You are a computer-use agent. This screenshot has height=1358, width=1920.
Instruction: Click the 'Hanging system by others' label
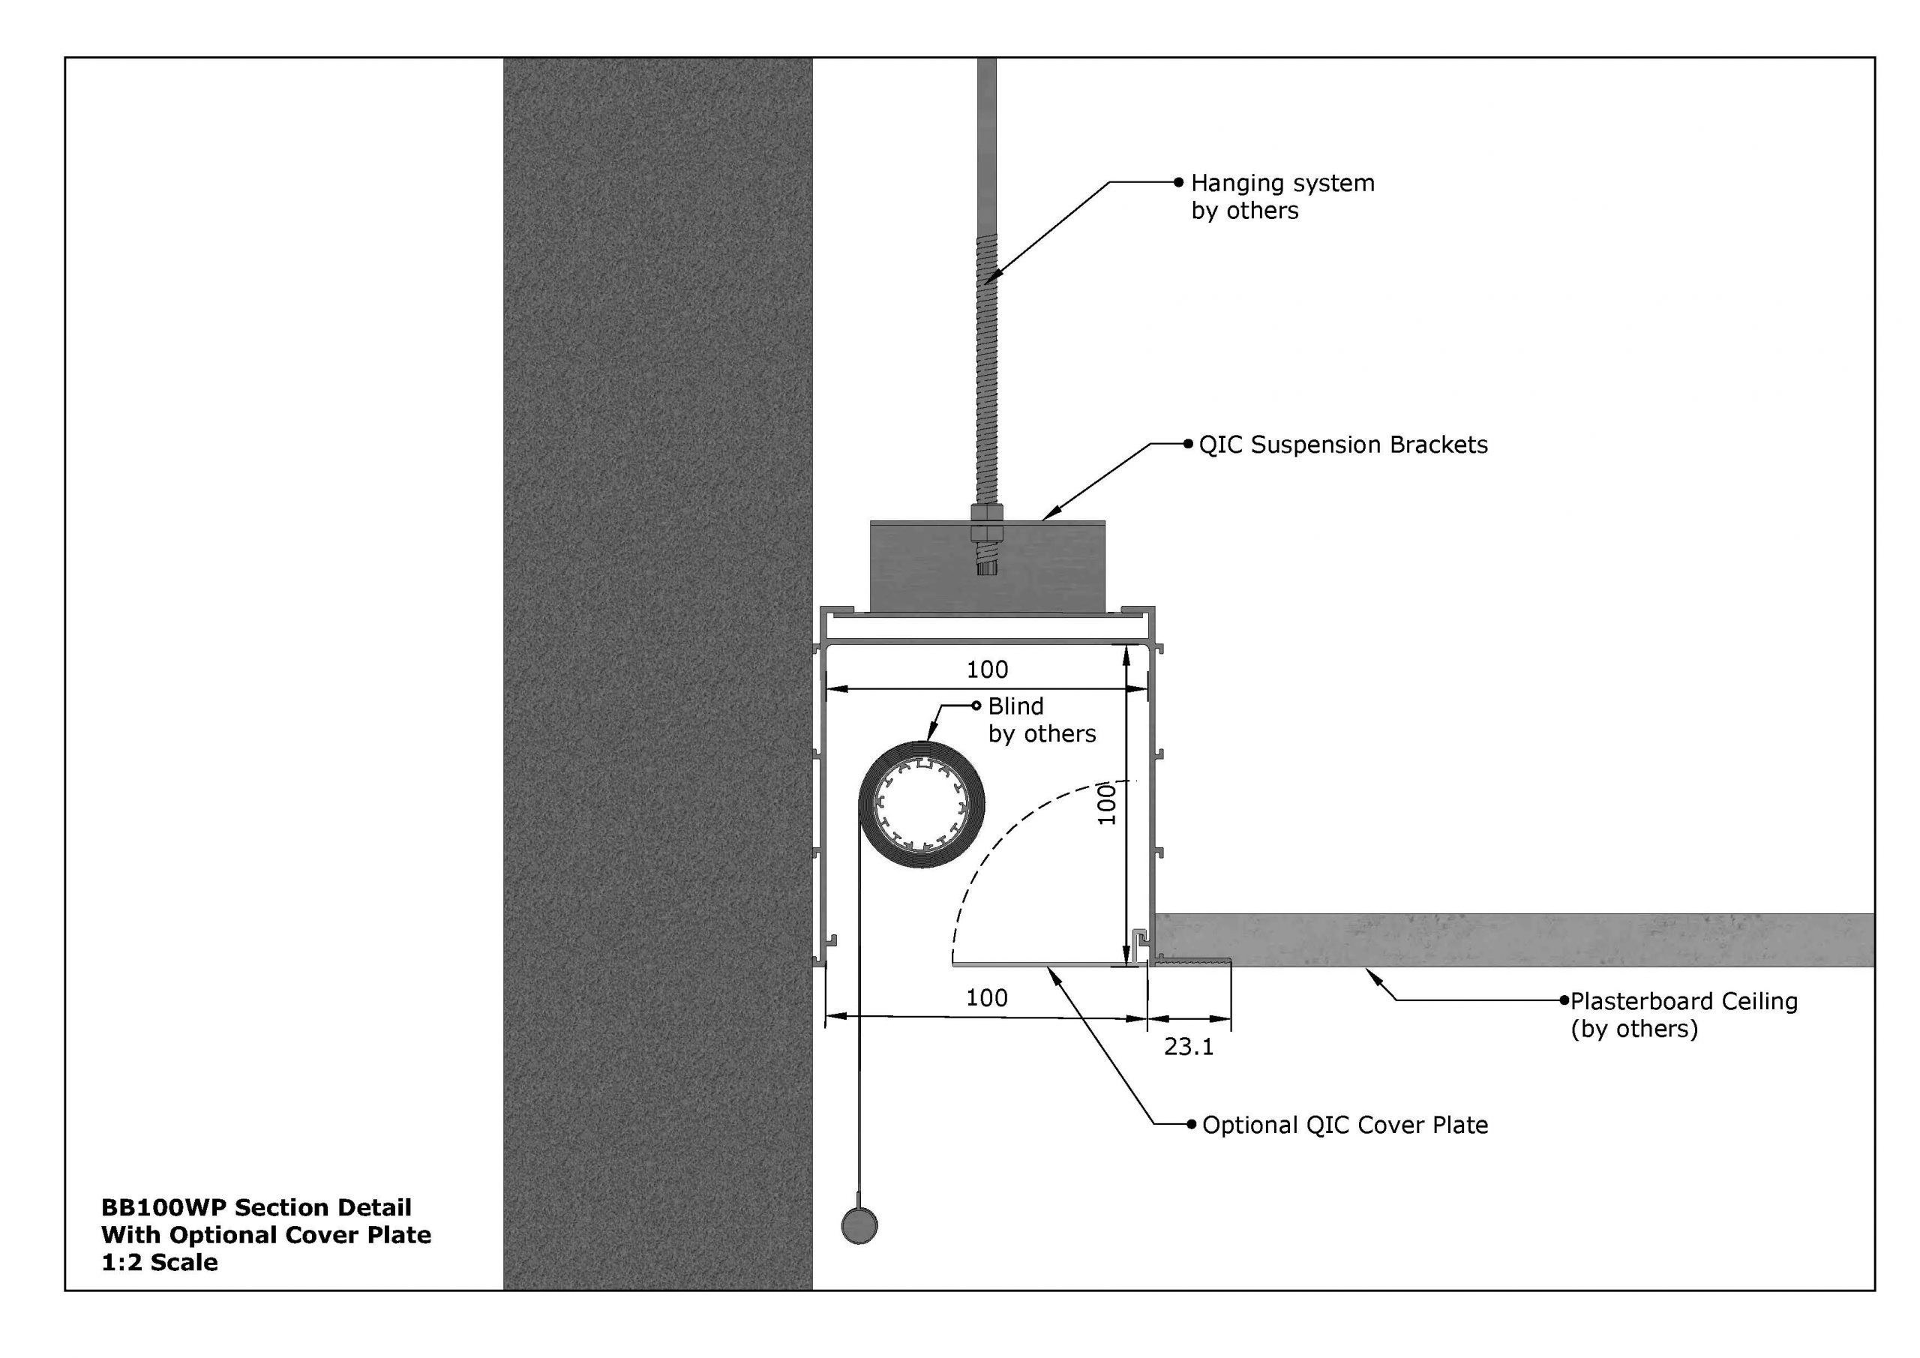point(1282,196)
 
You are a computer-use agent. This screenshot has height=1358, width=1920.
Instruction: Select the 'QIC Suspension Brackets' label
point(1343,445)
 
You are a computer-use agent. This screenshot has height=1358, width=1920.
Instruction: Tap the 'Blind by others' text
point(1041,720)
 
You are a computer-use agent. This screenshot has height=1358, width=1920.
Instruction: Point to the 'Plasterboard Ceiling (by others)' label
point(1683,1015)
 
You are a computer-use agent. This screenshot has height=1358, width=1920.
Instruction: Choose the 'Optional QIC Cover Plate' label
point(1345,1126)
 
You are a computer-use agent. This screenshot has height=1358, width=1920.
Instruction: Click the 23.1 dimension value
point(1188,1046)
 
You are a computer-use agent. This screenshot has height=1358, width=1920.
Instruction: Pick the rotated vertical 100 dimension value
point(1106,804)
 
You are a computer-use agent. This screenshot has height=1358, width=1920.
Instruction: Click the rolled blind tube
point(922,805)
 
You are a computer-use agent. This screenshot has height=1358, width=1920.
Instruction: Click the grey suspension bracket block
point(987,567)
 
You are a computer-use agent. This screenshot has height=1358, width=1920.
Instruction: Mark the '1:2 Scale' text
point(160,1262)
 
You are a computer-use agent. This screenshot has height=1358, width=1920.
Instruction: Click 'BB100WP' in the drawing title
point(164,1207)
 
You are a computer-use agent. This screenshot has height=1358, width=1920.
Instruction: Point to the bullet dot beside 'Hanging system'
point(1179,182)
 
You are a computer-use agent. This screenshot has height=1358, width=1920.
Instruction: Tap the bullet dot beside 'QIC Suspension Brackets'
point(1187,444)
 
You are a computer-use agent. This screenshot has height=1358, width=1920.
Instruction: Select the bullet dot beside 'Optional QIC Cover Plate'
point(1192,1125)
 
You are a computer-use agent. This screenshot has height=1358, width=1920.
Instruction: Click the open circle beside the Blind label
point(976,706)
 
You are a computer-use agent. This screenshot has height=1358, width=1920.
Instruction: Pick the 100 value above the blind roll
point(988,670)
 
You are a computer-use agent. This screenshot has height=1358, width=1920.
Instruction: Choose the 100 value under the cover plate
point(987,997)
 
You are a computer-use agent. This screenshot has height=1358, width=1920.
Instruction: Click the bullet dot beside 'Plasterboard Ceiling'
point(1564,1000)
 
